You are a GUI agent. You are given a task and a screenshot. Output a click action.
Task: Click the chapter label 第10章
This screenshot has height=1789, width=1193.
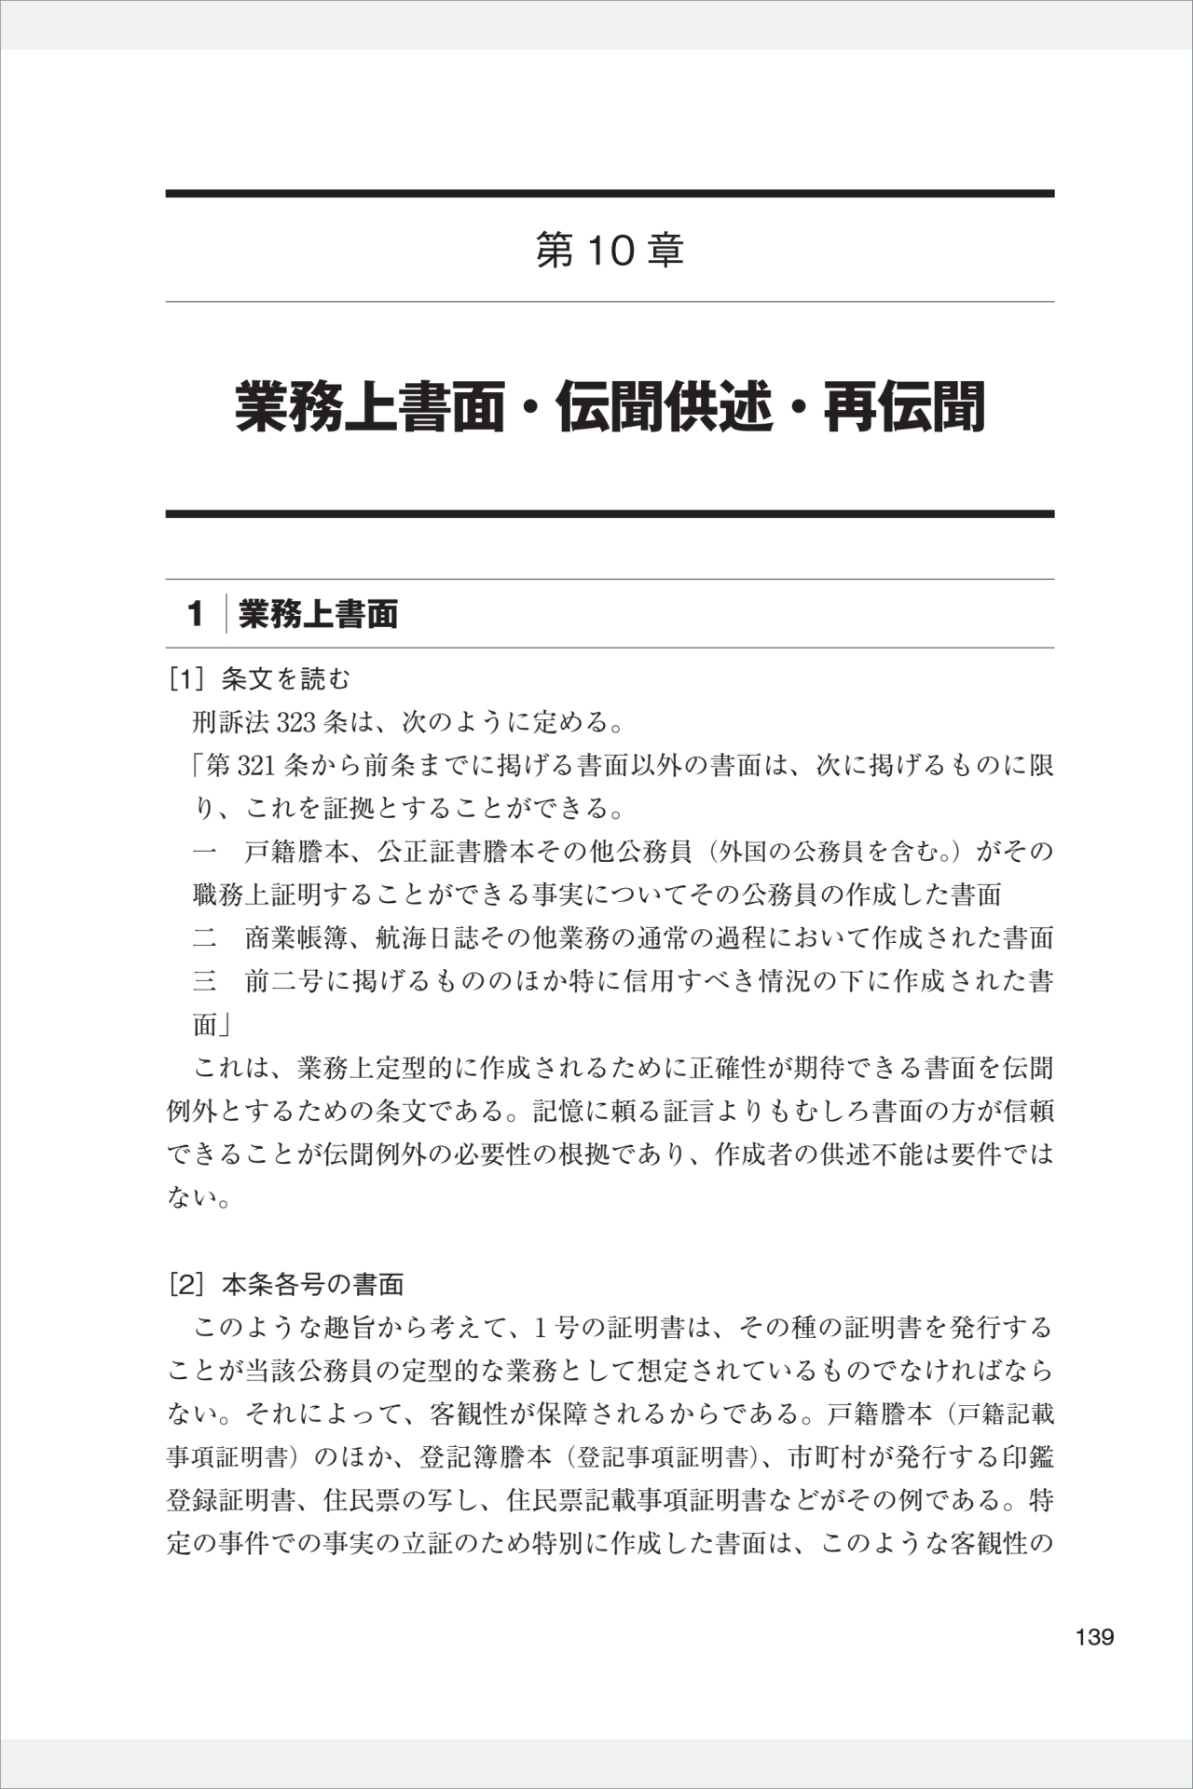pyautogui.click(x=610, y=251)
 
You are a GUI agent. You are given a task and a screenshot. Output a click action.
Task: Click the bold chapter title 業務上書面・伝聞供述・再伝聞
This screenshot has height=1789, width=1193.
pyautogui.click(x=610, y=407)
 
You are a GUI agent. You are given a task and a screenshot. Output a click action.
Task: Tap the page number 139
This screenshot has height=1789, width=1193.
pyautogui.click(x=1094, y=1637)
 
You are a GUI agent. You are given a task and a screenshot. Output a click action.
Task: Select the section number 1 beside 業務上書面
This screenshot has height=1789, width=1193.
pyautogui.click(x=195, y=614)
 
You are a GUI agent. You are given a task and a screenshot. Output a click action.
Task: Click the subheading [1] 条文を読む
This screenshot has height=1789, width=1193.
pyautogui.click(x=259, y=679)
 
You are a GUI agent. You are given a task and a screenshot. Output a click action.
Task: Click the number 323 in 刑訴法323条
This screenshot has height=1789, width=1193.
pyautogui.click(x=296, y=722)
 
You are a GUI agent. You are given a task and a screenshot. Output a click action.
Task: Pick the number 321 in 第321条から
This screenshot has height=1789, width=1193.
pyautogui.click(x=255, y=766)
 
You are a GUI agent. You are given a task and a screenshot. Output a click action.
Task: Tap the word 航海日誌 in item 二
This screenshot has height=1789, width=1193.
pyautogui.click(x=428, y=937)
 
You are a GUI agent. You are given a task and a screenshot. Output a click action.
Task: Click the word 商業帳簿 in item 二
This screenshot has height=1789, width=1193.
pyautogui.click(x=296, y=937)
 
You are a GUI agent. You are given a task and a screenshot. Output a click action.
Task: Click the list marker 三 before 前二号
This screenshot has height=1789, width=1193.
pyautogui.click(x=204, y=981)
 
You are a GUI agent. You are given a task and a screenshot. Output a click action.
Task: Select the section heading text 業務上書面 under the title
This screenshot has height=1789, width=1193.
pyautogui.click(x=319, y=614)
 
